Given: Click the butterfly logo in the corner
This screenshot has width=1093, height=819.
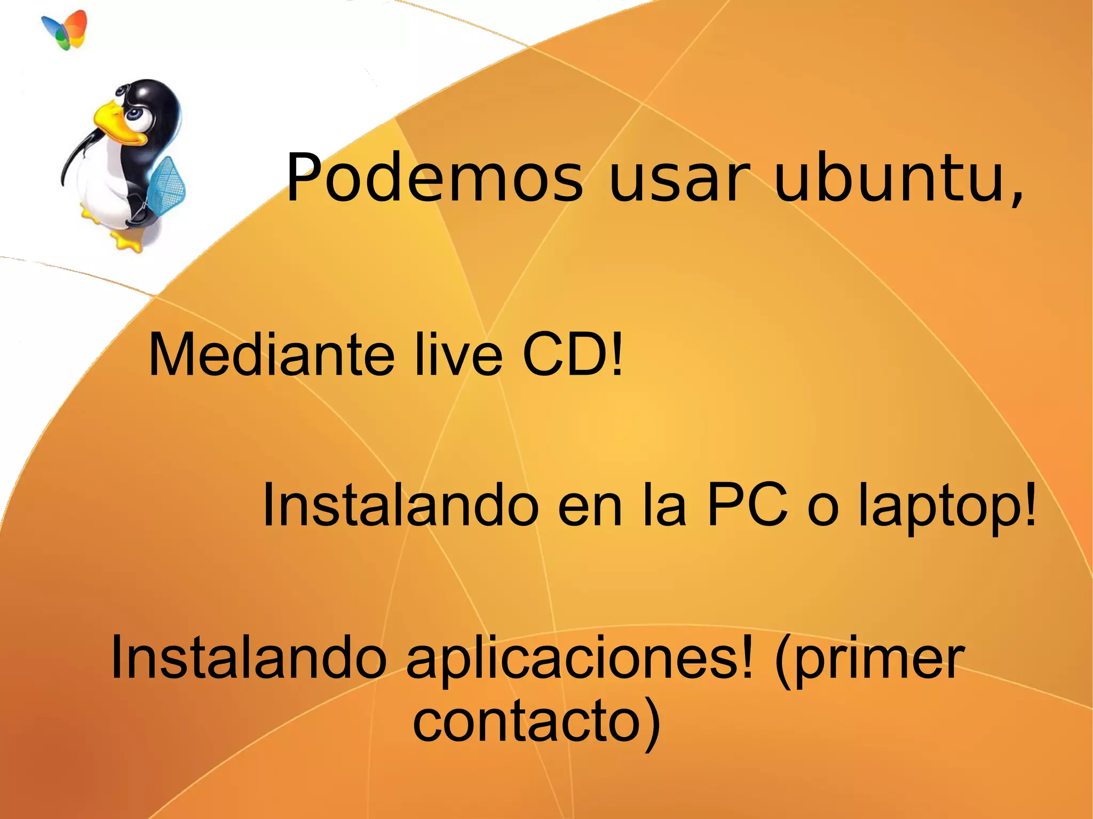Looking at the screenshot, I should coord(65,29).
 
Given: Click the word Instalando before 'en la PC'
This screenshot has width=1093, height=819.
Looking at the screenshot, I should coord(400,505).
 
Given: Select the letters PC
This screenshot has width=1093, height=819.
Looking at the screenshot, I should coord(747,505).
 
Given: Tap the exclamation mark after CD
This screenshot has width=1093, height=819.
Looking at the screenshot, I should coord(616,355).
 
